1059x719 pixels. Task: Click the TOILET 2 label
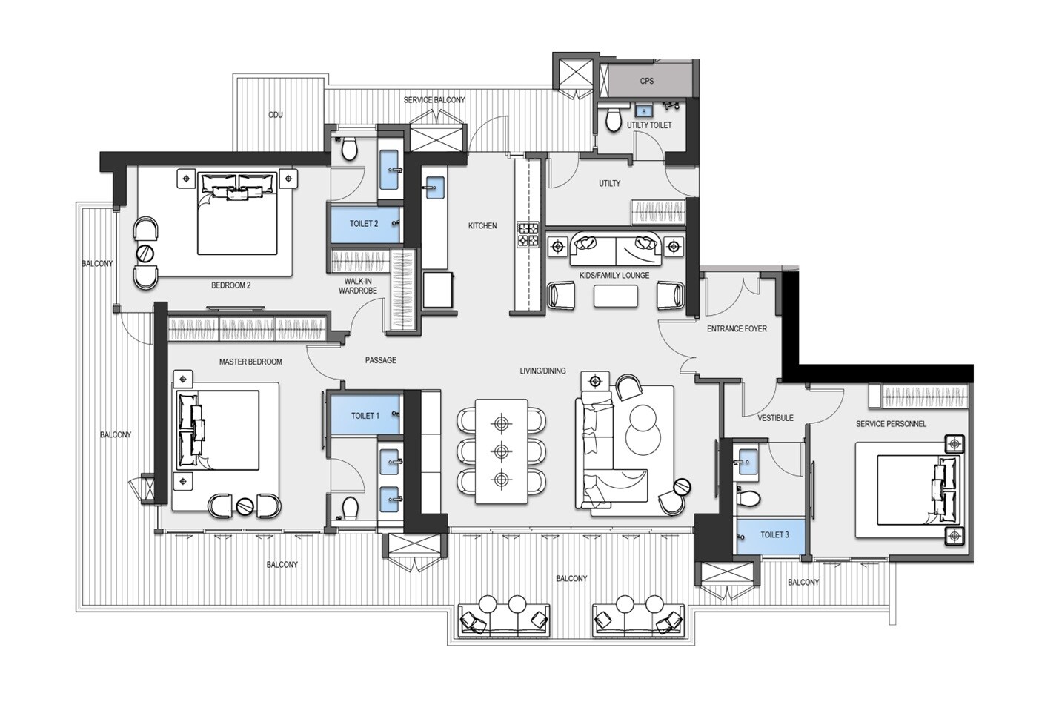[364, 223]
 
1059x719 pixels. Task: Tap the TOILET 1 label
[365, 416]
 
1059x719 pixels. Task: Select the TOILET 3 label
[774, 534]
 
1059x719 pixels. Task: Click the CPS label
[647, 81]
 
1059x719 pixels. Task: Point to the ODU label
[276, 115]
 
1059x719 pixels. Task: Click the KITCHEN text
[482, 225]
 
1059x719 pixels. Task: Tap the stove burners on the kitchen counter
[529, 236]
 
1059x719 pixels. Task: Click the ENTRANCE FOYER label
[737, 328]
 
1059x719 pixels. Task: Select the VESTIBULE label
[775, 418]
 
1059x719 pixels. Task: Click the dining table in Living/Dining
[502, 453]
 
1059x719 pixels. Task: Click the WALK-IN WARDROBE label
[358, 286]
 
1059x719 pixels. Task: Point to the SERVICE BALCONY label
[434, 99]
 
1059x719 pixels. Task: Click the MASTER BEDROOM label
[250, 362]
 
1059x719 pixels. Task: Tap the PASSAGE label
[380, 360]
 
